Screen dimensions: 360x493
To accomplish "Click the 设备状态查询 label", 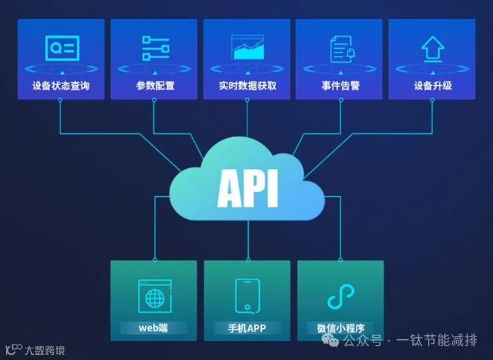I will (x=60, y=85).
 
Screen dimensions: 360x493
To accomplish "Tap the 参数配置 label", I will (x=155, y=85).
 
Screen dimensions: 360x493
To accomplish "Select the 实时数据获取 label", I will (x=247, y=85).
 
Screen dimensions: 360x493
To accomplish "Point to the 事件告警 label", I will (x=340, y=85).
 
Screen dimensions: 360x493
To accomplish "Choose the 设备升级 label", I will (x=433, y=85).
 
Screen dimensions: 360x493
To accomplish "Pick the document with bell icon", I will (x=340, y=48).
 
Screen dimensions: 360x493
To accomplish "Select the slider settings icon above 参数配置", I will (x=155, y=48).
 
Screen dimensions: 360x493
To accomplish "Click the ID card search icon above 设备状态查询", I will (x=62, y=47).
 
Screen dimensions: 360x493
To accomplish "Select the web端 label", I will (x=153, y=327).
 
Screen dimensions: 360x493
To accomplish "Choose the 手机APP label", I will (x=247, y=327).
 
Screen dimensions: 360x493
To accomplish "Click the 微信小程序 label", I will (x=340, y=327).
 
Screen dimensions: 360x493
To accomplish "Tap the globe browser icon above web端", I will (x=154, y=296).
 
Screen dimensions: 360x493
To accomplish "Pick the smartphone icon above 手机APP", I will (x=247, y=296).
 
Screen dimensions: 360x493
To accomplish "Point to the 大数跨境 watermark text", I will (x=44, y=351).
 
